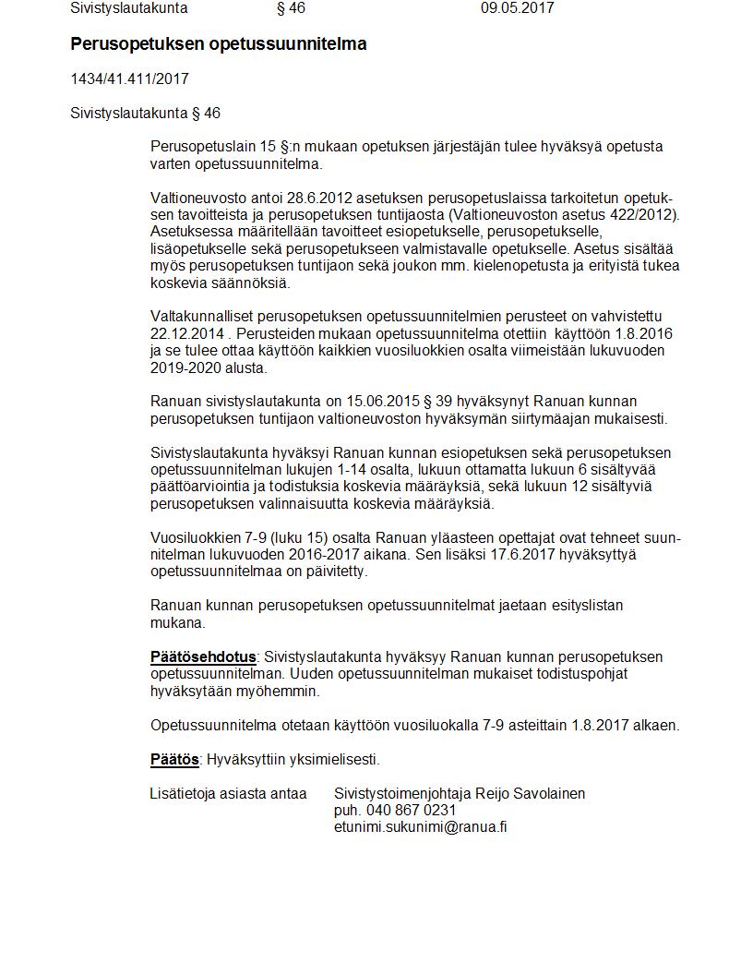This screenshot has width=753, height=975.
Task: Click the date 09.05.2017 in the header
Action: (x=517, y=8)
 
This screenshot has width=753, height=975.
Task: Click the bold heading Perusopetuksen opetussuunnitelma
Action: (x=219, y=44)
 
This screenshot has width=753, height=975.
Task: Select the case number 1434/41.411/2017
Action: (x=129, y=79)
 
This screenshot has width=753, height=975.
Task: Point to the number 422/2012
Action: (x=647, y=215)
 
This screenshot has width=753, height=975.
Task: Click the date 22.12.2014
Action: (x=185, y=334)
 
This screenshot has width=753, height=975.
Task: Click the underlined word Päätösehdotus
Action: (x=203, y=657)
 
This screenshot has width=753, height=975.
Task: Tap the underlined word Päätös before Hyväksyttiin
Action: (x=174, y=760)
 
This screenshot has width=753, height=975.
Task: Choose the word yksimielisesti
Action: (x=335, y=760)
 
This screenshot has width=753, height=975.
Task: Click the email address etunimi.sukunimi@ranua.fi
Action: (x=420, y=827)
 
